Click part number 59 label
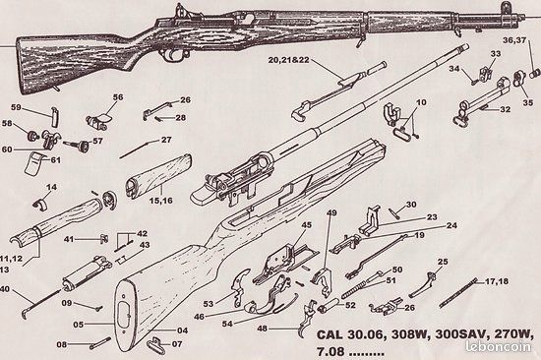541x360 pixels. (x=16, y=107)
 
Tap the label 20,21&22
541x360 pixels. (x=289, y=60)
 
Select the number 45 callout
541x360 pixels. (x=306, y=225)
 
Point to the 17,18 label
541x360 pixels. (x=497, y=281)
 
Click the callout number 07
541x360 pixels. (x=177, y=344)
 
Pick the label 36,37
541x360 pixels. (x=514, y=40)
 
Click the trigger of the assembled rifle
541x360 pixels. (x=172, y=54)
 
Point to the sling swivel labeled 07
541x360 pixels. (x=154, y=344)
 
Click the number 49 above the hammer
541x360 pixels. (x=331, y=213)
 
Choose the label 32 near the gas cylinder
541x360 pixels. (x=506, y=109)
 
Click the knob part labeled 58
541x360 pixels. (x=32, y=136)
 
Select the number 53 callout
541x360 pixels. (x=209, y=304)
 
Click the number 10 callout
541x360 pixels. (x=421, y=102)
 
